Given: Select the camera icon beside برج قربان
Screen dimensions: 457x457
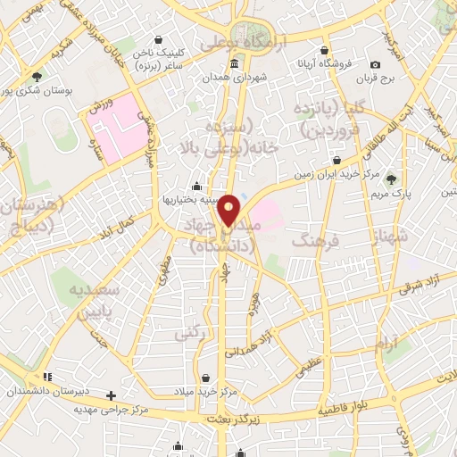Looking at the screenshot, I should [x=375, y=64].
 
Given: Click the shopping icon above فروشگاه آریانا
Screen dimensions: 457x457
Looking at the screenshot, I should [x=327, y=50].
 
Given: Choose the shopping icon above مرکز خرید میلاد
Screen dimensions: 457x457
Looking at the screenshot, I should [x=207, y=378].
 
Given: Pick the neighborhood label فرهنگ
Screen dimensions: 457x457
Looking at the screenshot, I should [x=318, y=242].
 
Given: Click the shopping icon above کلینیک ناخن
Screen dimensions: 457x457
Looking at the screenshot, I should [x=159, y=38].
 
